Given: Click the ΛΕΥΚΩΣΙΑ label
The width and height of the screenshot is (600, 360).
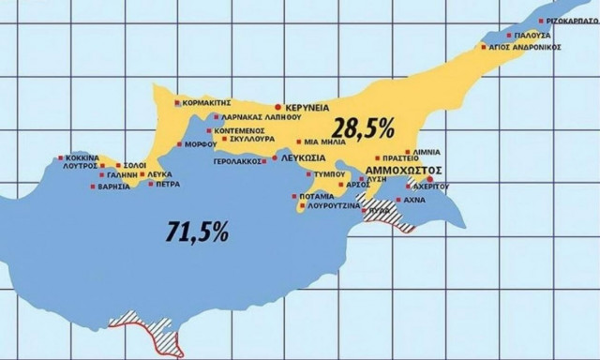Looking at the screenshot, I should tap(303, 160).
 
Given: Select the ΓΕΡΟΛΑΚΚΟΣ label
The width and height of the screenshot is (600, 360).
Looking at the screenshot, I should tap(238, 161).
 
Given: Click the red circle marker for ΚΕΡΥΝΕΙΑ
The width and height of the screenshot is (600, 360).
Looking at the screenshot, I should tap(277, 108).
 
